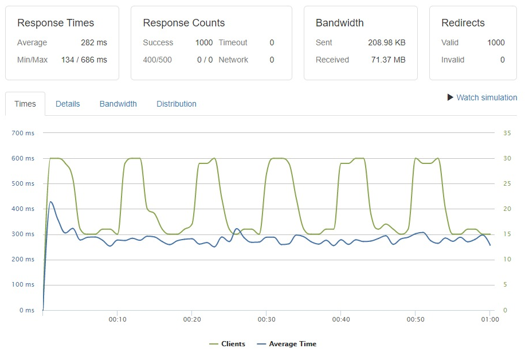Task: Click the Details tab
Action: (x=68, y=104)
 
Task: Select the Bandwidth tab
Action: (x=118, y=104)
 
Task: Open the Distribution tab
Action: (x=177, y=104)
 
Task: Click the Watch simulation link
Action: (x=486, y=97)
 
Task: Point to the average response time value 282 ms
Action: (x=94, y=42)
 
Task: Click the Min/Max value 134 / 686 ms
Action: (x=84, y=60)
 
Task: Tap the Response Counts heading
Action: (x=184, y=23)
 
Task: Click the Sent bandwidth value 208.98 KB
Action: (x=387, y=42)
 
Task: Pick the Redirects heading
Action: (x=463, y=23)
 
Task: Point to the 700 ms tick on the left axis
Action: (x=23, y=133)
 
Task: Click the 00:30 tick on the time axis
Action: (x=267, y=320)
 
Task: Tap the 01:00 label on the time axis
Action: (x=489, y=320)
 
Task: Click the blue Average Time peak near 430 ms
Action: (x=51, y=202)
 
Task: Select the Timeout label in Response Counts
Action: (x=233, y=42)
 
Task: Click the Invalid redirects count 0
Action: (x=503, y=60)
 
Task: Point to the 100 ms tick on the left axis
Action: (x=23, y=285)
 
